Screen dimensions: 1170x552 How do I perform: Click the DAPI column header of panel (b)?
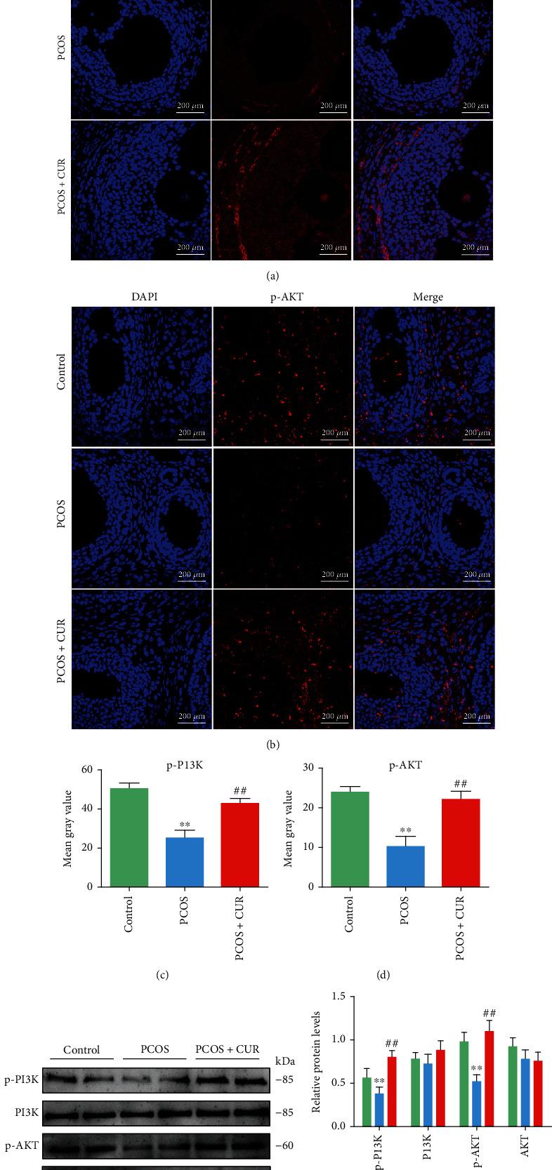coord(144,297)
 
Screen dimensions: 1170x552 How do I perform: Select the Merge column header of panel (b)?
coord(428,297)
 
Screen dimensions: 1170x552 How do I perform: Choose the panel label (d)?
coord(383,975)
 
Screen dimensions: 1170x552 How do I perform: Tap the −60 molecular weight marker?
coord(284,1146)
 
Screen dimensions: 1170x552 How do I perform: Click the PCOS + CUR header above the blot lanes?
coord(227,1049)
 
